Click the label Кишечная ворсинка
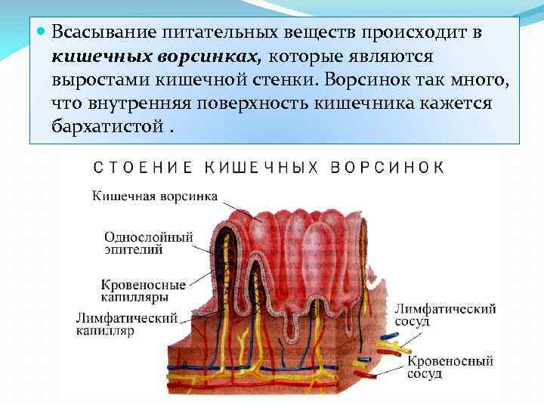(155, 196)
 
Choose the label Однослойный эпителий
(149, 243)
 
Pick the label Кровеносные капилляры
(144, 291)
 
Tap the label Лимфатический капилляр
(126, 324)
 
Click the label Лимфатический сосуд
(445, 315)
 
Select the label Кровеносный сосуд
(450, 367)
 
